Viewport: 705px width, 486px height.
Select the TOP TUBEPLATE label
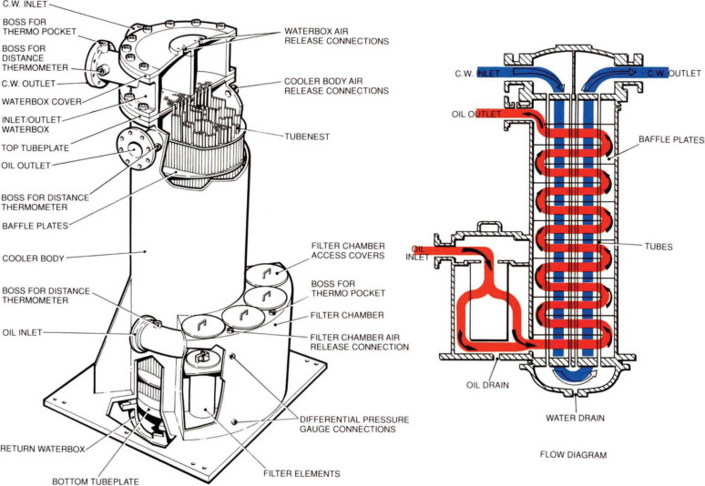point(30,147)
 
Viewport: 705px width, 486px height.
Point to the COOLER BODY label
point(32,258)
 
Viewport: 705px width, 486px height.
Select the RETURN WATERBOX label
point(42,449)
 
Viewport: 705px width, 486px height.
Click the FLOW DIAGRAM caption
point(572,454)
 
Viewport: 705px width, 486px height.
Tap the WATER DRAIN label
point(574,419)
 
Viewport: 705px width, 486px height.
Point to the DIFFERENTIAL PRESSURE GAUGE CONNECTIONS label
point(354,425)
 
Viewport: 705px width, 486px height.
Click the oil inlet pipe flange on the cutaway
point(146,332)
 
